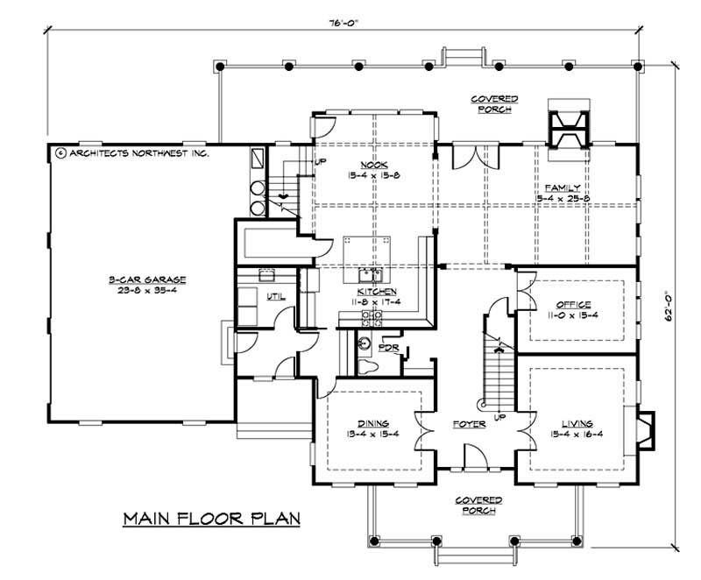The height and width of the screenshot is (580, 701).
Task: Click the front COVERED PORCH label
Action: coord(475,505)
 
